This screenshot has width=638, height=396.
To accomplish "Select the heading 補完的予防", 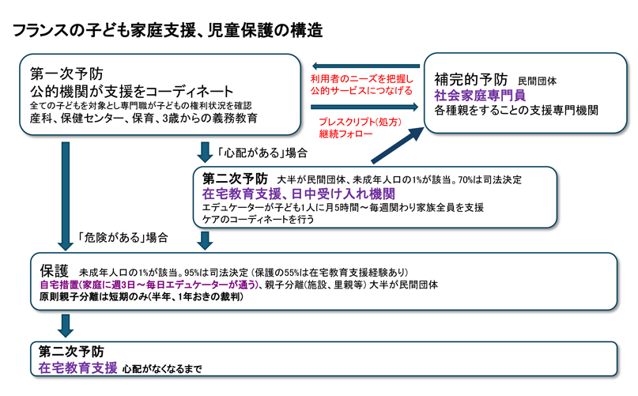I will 472,79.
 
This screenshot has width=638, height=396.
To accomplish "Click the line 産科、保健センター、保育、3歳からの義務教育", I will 142,119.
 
